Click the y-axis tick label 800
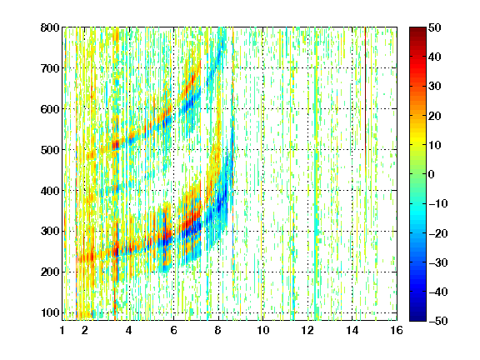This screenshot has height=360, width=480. click(50, 27)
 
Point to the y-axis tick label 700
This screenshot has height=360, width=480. click(50, 68)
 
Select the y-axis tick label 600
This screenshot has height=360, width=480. click(50, 109)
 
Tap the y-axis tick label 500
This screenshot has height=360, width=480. click(50, 150)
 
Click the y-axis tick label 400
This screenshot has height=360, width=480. click(50, 190)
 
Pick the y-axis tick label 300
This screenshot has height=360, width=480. click(50, 231)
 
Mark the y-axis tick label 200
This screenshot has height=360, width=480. click(50, 272)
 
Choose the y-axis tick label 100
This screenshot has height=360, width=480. click(50, 312)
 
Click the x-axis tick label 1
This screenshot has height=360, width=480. click(62, 330)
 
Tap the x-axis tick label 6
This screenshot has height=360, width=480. click(173, 330)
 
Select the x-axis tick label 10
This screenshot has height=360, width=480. click(262, 330)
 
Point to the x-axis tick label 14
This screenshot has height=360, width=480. click(352, 330)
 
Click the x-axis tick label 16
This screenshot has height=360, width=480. click(397, 330)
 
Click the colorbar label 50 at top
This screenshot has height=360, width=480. click(434, 27)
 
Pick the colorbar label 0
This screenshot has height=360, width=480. click(432, 174)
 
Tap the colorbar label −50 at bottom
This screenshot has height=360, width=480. click(438, 321)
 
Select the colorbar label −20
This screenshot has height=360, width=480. click(438, 233)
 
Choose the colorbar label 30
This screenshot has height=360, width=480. click(434, 87)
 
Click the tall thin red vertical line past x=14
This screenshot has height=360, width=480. click(365, 98)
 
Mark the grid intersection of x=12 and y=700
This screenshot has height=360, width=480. click(307, 68)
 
